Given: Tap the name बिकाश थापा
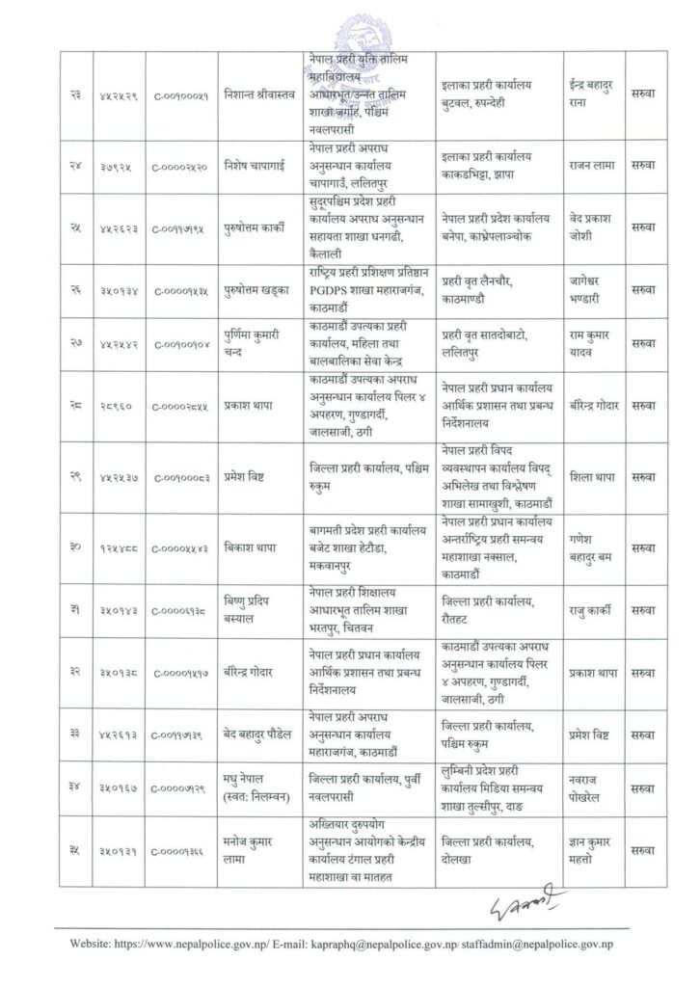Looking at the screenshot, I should coord(248,547).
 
